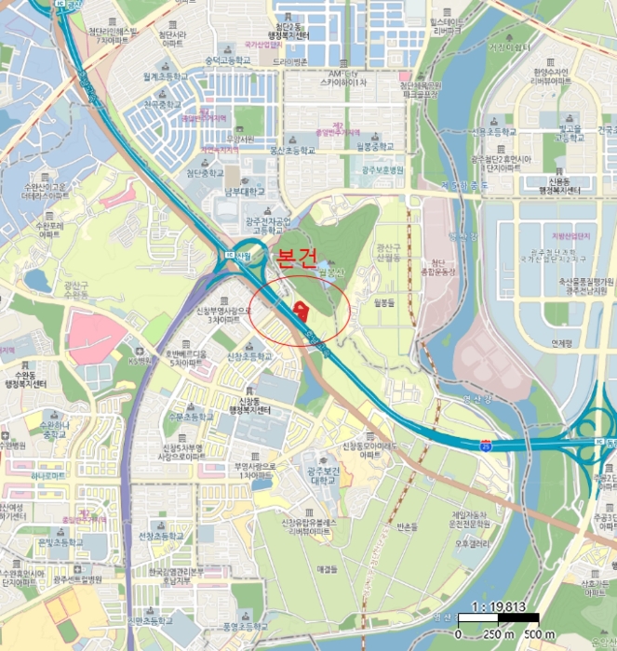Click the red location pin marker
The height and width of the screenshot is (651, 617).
click(x=300, y=310)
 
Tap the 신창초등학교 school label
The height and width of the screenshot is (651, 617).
click(x=250, y=356)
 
